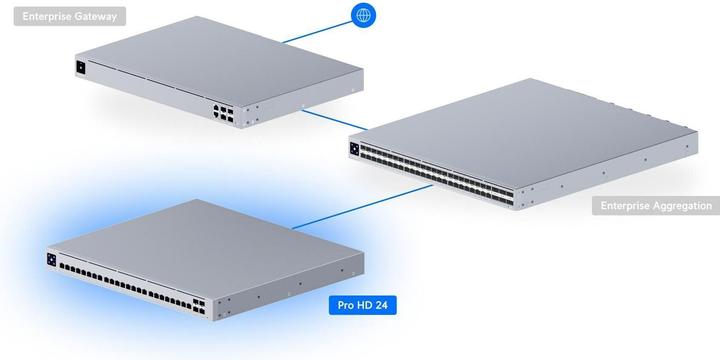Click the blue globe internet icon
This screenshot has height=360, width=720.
click(x=365, y=15)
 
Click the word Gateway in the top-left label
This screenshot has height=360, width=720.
click(x=101, y=15)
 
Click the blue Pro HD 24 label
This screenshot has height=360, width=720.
click(x=363, y=304)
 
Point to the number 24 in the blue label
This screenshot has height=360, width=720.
click(x=381, y=304)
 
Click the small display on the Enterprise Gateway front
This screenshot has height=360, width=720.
click(x=81, y=68)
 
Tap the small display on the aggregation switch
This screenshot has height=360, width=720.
click(x=353, y=149)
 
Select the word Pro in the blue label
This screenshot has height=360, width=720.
click(x=345, y=304)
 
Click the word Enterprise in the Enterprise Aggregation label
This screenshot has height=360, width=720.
click(x=622, y=206)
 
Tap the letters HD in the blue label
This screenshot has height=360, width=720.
click(x=363, y=304)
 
